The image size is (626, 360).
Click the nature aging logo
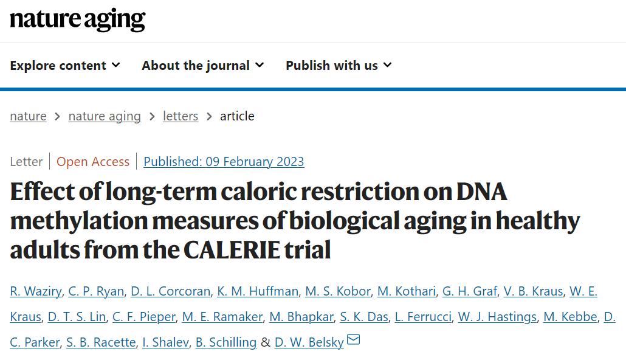77,20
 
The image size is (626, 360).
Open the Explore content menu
65,66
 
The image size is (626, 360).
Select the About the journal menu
202,66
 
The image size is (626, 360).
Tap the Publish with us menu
339,66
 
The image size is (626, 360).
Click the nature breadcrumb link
28,116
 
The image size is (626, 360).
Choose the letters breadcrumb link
181,116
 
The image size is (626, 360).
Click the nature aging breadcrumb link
105,116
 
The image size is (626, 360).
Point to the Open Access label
93,162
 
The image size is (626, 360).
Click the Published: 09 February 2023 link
224,162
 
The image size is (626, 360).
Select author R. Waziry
36,291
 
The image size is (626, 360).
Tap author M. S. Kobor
338,291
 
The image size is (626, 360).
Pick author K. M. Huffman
258,291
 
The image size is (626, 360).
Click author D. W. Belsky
309,342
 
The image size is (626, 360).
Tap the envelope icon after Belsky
353,340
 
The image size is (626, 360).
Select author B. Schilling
226,342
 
